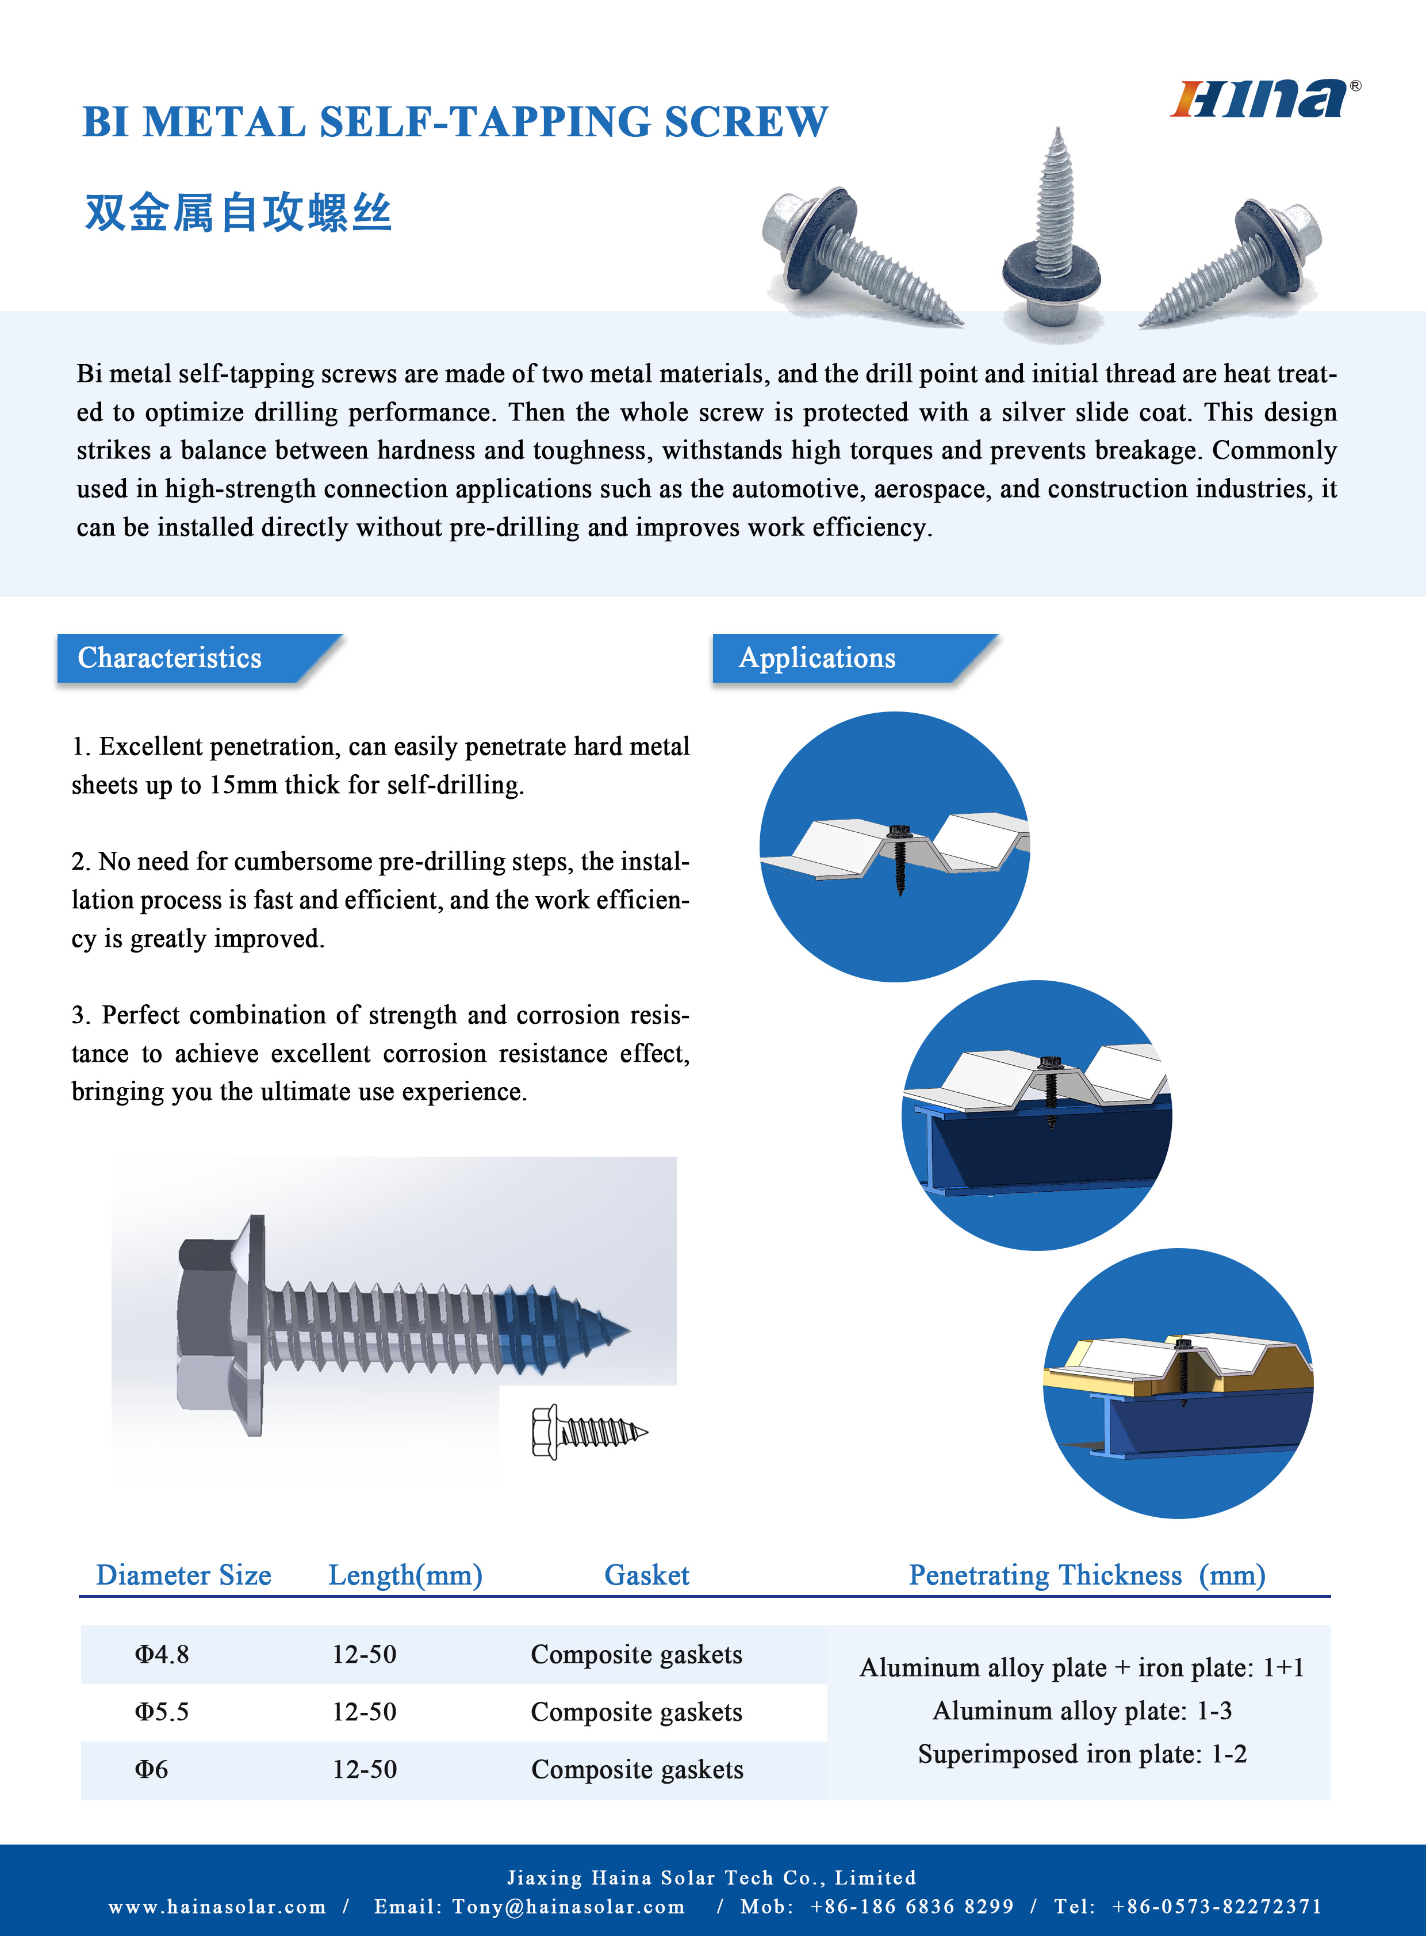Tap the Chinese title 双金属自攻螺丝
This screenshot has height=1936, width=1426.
pyautogui.click(x=238, y=212)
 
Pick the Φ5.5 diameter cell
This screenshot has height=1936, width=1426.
pyautogui.click(x=162, y=1712)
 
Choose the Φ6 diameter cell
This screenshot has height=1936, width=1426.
pyautogui.click(x=151, y=1769)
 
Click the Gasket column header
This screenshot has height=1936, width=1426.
pyautogui.click(x=646, y=1575)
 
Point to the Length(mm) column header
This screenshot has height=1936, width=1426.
pyautogui.click(x=405, y=1575)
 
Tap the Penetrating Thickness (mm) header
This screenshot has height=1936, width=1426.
pyautogui.click(x=1087, y=1575)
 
